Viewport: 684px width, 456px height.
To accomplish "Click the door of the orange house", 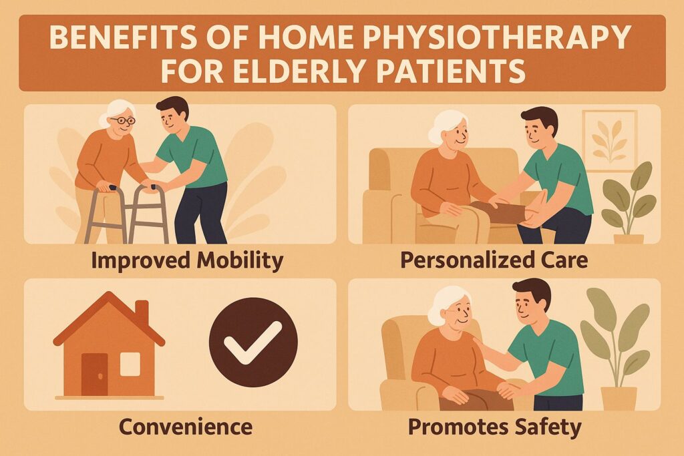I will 94,374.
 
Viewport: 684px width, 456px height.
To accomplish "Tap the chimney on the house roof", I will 142,312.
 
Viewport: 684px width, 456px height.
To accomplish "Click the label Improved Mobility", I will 187,261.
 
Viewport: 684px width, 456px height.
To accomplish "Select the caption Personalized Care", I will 494,261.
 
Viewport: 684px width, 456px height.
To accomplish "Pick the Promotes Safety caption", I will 495,425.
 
